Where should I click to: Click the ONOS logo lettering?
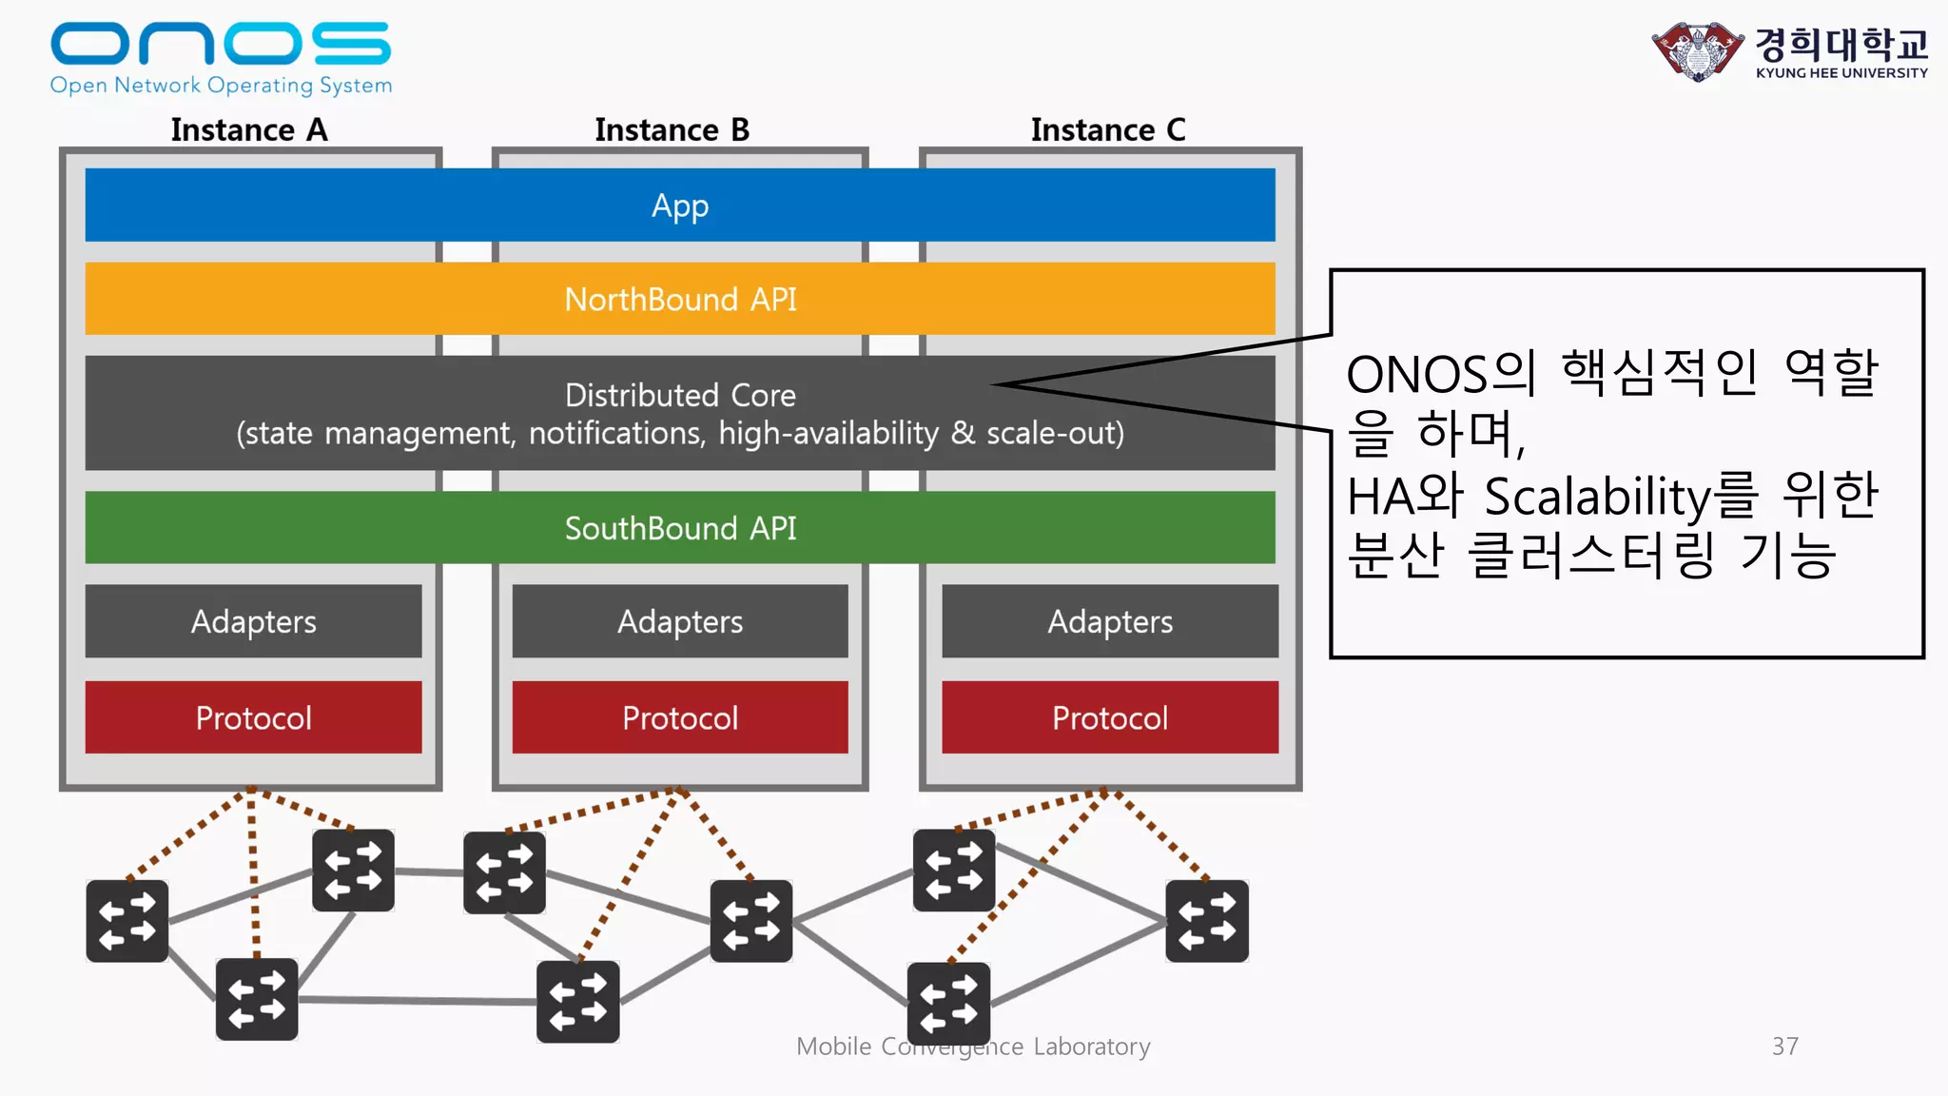220,44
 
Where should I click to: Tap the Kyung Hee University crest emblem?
1698,51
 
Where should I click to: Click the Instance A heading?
249,129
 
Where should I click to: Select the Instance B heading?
672,129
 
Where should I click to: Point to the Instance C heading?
1108,129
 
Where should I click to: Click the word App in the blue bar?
680,205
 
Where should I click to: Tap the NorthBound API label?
680,300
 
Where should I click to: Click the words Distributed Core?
680,395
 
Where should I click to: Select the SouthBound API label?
680,528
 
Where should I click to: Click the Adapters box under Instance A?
253,621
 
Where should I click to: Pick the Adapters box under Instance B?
680,621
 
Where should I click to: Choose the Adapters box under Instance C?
1110,621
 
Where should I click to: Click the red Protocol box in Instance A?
253,717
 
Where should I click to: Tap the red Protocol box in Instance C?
1110,717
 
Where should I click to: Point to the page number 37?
1784,1047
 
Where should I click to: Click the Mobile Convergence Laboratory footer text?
973,1047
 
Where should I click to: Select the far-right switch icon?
1207,921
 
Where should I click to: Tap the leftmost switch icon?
127,921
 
